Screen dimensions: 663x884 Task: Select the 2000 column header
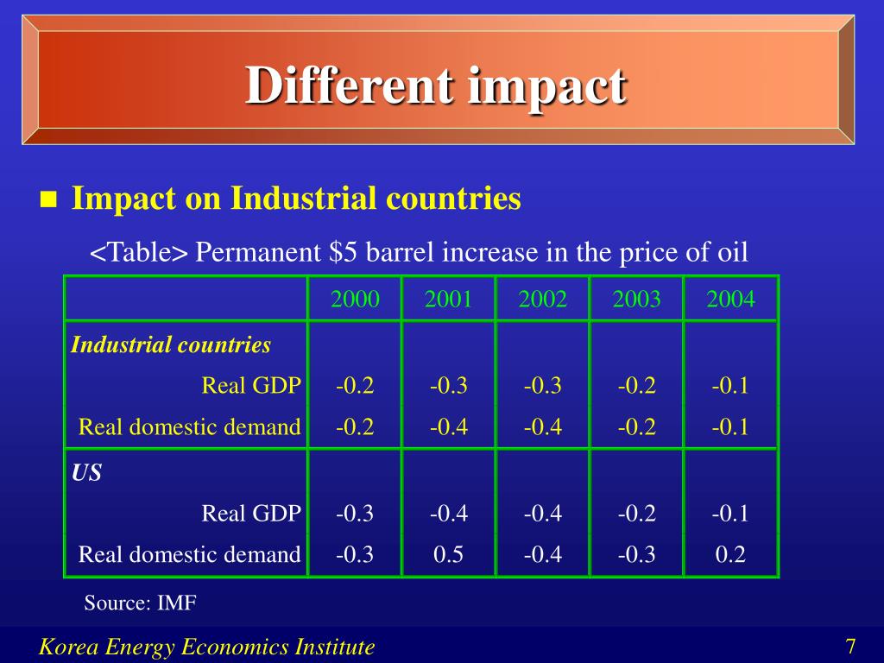point(355,300)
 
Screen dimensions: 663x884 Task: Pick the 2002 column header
point(542,300)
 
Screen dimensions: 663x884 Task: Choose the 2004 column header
point(730,300)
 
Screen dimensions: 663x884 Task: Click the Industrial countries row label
point(171,345)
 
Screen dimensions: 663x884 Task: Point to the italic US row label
point(86,473)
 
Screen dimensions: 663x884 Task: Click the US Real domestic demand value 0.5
point(448,554)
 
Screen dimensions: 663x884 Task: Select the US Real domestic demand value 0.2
point(730,554)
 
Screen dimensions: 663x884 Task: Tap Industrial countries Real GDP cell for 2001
point(448,385)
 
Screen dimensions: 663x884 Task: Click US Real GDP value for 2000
point(355,514)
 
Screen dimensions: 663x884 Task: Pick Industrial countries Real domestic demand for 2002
point(542,426)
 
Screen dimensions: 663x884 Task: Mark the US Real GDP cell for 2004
point(730,514)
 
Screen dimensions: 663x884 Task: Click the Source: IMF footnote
point(140,603)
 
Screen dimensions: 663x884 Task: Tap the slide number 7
point(850,647)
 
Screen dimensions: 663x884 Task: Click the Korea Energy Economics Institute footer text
point(207,647)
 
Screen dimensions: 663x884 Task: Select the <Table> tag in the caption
point(139,253)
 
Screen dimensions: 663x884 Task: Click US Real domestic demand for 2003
point(636,554)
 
